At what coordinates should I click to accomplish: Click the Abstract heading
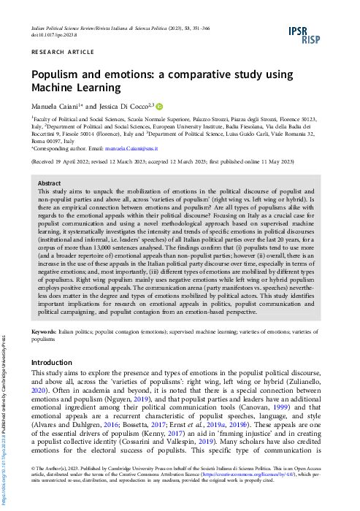pos(49,183)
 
